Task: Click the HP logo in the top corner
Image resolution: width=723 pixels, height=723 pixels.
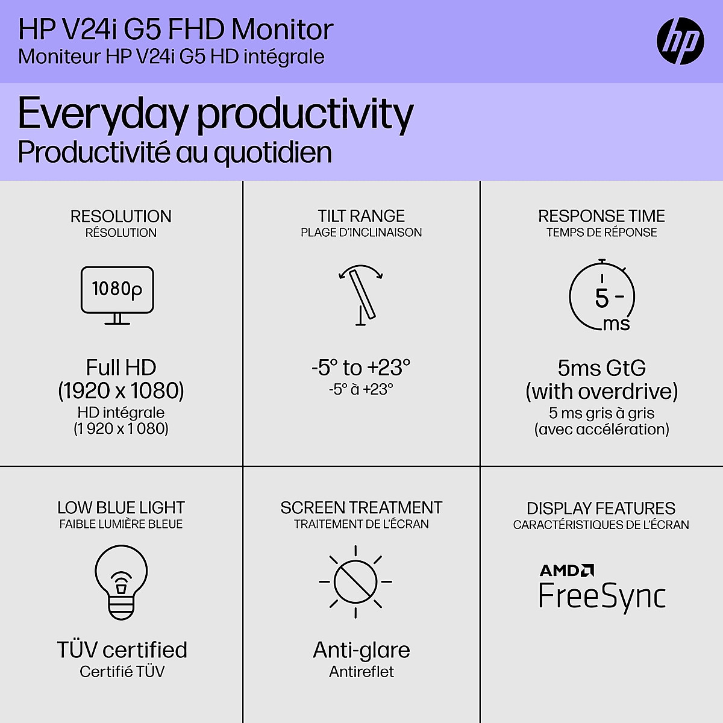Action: point(680,41)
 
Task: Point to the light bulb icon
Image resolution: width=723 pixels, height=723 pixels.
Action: point(121,581)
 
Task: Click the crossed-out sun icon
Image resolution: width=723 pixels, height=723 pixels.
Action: point(355,582)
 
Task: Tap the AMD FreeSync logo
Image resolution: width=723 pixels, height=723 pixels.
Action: point(602,587)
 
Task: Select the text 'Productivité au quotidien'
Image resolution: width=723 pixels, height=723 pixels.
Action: point(175,152)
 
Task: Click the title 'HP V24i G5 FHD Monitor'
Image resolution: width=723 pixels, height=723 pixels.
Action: point(176,30)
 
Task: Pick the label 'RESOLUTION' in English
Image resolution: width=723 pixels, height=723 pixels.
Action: point(121,216)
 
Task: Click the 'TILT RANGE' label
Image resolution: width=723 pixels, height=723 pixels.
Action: point(361,216)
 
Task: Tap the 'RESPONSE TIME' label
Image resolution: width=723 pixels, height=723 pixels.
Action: point(601,216)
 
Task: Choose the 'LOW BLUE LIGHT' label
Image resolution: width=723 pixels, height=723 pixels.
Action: point(121,508)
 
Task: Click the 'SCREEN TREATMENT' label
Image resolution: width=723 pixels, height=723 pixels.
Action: point(361,508)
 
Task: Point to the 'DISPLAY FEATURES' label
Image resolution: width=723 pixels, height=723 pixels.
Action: point(601,509)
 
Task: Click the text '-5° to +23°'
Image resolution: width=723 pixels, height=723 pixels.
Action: point(361,368)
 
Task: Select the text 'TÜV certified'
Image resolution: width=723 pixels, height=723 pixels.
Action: point(122,650)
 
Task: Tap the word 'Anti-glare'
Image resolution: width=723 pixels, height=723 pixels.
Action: point(361,650)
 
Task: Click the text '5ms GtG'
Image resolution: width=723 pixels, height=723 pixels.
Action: point(601,368)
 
